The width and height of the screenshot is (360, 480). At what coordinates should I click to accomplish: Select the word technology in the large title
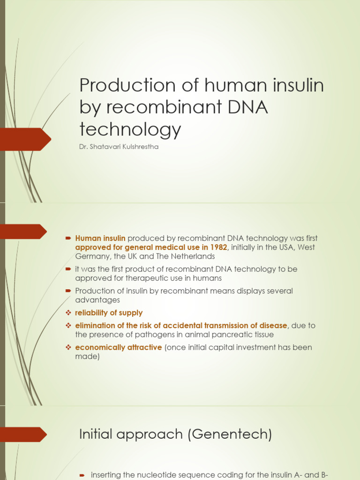coord(130,129)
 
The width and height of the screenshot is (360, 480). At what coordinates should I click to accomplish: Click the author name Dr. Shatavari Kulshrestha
coord(119,147)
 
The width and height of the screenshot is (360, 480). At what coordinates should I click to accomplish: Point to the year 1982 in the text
coord(218,247)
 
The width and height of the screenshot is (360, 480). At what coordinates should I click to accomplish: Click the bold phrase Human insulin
coord(100,239)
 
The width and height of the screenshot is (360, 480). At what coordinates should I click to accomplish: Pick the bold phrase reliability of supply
coord(109,313)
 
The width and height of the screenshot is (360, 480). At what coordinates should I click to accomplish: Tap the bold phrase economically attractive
coord(119,347)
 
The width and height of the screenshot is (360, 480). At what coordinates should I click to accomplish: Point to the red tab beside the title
coord(25,139)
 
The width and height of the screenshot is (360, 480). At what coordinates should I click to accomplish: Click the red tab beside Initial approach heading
coord(23,435)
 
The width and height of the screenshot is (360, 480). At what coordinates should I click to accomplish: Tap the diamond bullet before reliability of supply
coord(68,313)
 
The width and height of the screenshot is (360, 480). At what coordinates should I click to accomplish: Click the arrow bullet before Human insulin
coord(68,239)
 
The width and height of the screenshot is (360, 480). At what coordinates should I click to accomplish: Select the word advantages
coord(97,300)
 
